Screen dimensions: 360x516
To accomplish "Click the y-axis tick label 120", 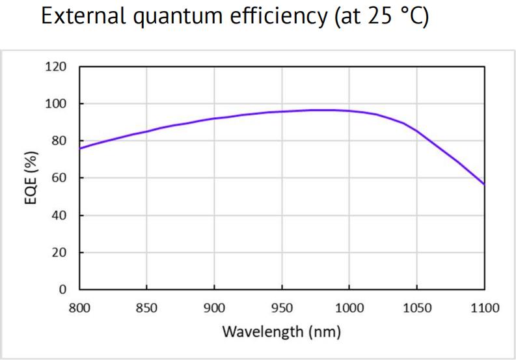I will (x=57, y=66).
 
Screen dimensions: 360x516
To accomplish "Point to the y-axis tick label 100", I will (x=57, y=104).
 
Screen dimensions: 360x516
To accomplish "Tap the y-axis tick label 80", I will (x=60, y=141).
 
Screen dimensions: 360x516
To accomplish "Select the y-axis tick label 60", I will (x=60, y=178).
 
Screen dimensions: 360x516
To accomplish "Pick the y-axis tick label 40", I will (x=60, y=215).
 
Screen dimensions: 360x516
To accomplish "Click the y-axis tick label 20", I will (x=60, y=253).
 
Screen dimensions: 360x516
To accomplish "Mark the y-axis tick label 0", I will (x=63, y=290).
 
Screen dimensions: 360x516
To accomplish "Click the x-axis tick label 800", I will (x=79, y=307).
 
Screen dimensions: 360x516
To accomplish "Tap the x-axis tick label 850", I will (x=146, y=307).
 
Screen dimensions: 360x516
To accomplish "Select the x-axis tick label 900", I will (x=214, y=307).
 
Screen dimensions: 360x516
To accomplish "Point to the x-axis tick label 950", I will (x=282, y=307).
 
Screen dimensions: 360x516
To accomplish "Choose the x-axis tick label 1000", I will (x=349, y=307).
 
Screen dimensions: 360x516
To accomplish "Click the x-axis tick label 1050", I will (x=416, y=307).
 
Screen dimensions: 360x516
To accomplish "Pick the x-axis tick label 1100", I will (x=484, y=307).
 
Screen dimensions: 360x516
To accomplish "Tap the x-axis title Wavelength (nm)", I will (x=281, y=331).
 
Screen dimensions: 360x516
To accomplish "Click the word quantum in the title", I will (x=174, y=16).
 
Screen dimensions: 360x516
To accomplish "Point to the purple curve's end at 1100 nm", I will (x=484, y=184).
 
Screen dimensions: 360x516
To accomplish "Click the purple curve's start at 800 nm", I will (x=79, y=148).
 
